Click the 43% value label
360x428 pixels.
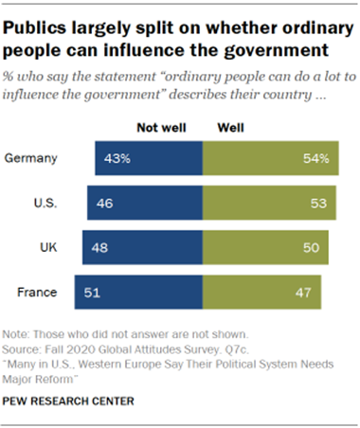coord(117,157)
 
